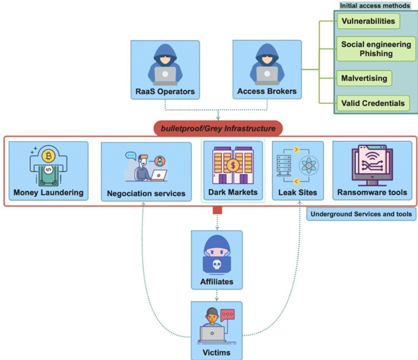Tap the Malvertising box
363,78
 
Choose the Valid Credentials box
372,103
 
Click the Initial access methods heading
375,6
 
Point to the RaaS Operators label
164,91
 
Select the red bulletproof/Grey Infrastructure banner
218,128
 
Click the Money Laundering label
48,193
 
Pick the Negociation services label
146,194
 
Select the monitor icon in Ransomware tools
372,164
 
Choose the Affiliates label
216,282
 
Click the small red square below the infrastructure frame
217,210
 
